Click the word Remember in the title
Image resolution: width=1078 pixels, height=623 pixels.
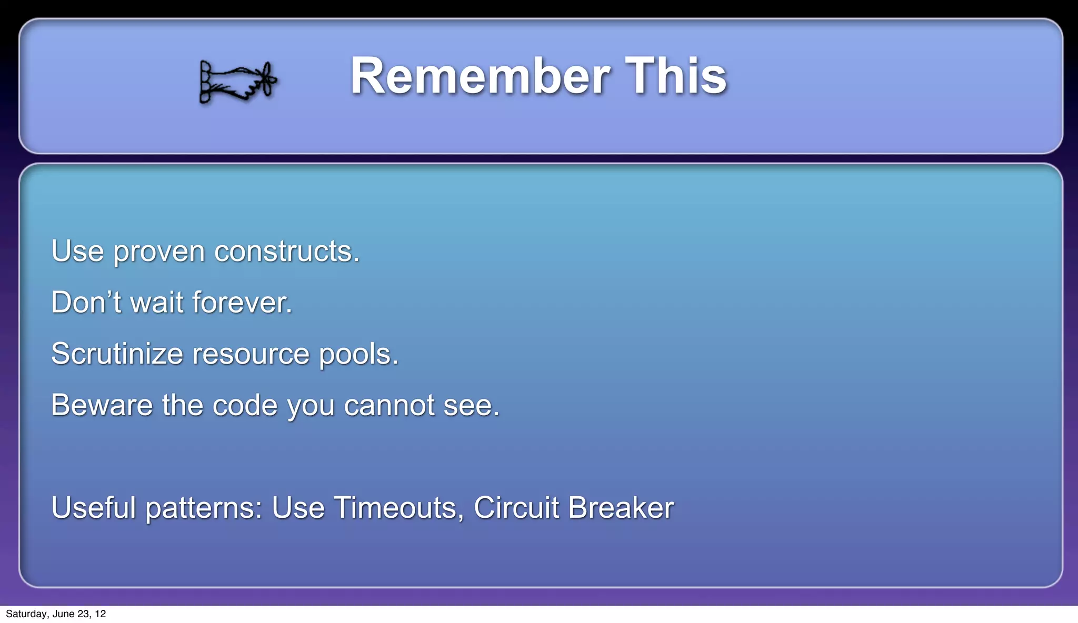tap(480, 76)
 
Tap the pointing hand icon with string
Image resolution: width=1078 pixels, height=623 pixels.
tap(238, 82)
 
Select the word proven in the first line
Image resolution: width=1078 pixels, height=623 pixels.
tap(159, 252)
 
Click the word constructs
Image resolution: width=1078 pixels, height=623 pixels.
tap(287, 251)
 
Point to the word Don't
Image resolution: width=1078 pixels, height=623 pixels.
tap(86, 303)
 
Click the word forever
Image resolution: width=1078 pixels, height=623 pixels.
tap(242, 303)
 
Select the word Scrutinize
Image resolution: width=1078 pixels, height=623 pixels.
tap(117, 354)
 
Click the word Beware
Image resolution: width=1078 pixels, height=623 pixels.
tap(102, 405)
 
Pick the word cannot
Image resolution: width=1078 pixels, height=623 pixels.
tap(390, 405)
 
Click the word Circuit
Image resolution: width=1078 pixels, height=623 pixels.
tap(516, 508)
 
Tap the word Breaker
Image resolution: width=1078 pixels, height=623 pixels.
tap(621, 508)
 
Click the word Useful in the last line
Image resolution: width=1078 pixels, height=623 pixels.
tap(94, 508)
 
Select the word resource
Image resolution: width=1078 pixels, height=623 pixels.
tap(251, 354)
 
